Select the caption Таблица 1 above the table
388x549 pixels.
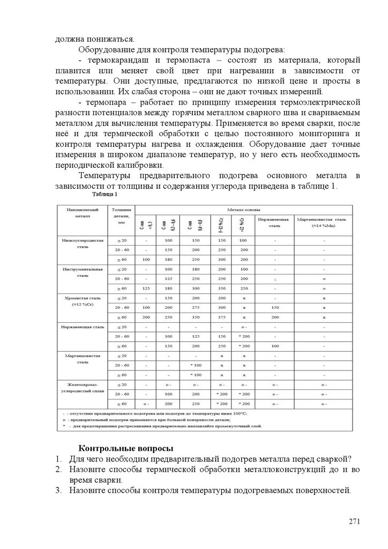click(105, 194)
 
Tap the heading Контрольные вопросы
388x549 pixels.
click(126, 448)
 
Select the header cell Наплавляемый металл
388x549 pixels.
click(81, 212)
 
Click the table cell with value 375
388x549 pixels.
click(220, 317)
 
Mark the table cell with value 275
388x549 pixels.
click(195, 307)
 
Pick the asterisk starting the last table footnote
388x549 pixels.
click(64, 426)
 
